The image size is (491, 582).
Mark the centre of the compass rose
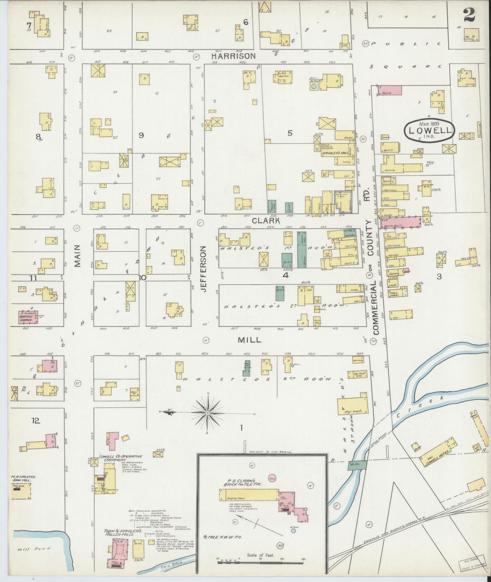(207, 413)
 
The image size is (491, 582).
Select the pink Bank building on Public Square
(389, 90)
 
